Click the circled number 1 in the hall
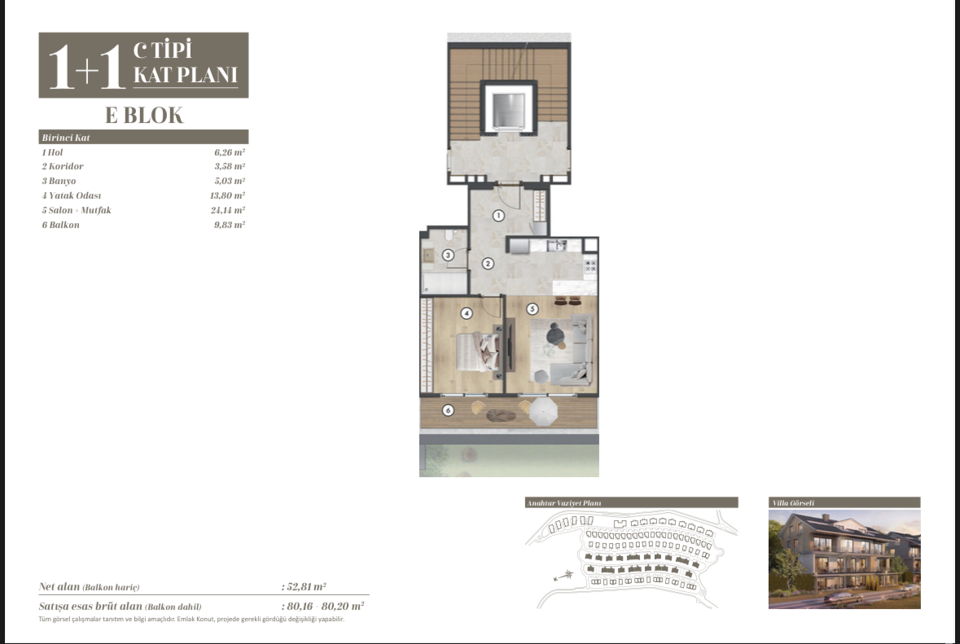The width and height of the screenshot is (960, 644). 498,216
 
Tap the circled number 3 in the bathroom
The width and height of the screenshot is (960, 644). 448,255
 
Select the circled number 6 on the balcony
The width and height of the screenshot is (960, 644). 448,410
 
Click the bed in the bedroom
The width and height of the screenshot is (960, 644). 477,352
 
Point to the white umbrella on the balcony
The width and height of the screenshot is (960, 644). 542,411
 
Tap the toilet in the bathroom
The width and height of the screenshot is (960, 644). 448,235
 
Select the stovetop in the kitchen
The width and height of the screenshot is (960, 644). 590,265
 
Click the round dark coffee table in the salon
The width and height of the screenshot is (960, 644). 555,335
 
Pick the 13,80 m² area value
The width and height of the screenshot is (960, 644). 227,196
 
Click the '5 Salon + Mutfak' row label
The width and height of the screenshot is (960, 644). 77,210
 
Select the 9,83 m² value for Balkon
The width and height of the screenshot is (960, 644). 230,225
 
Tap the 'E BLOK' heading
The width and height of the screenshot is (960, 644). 144,115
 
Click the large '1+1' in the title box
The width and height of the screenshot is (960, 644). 87,67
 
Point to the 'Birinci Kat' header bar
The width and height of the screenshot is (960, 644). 143,137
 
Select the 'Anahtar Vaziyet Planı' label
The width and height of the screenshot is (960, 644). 564,503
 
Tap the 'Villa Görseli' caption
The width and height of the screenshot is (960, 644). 793,503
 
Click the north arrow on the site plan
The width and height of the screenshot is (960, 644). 563,576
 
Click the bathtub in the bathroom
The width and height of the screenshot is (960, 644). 445,283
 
